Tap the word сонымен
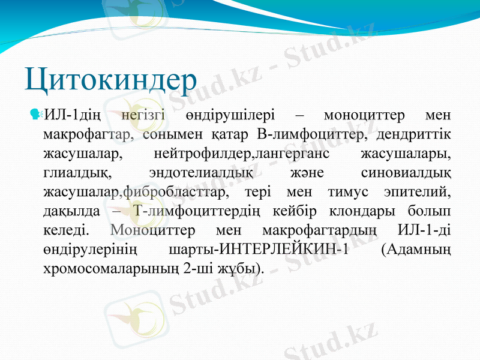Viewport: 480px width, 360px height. pos(175,134)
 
